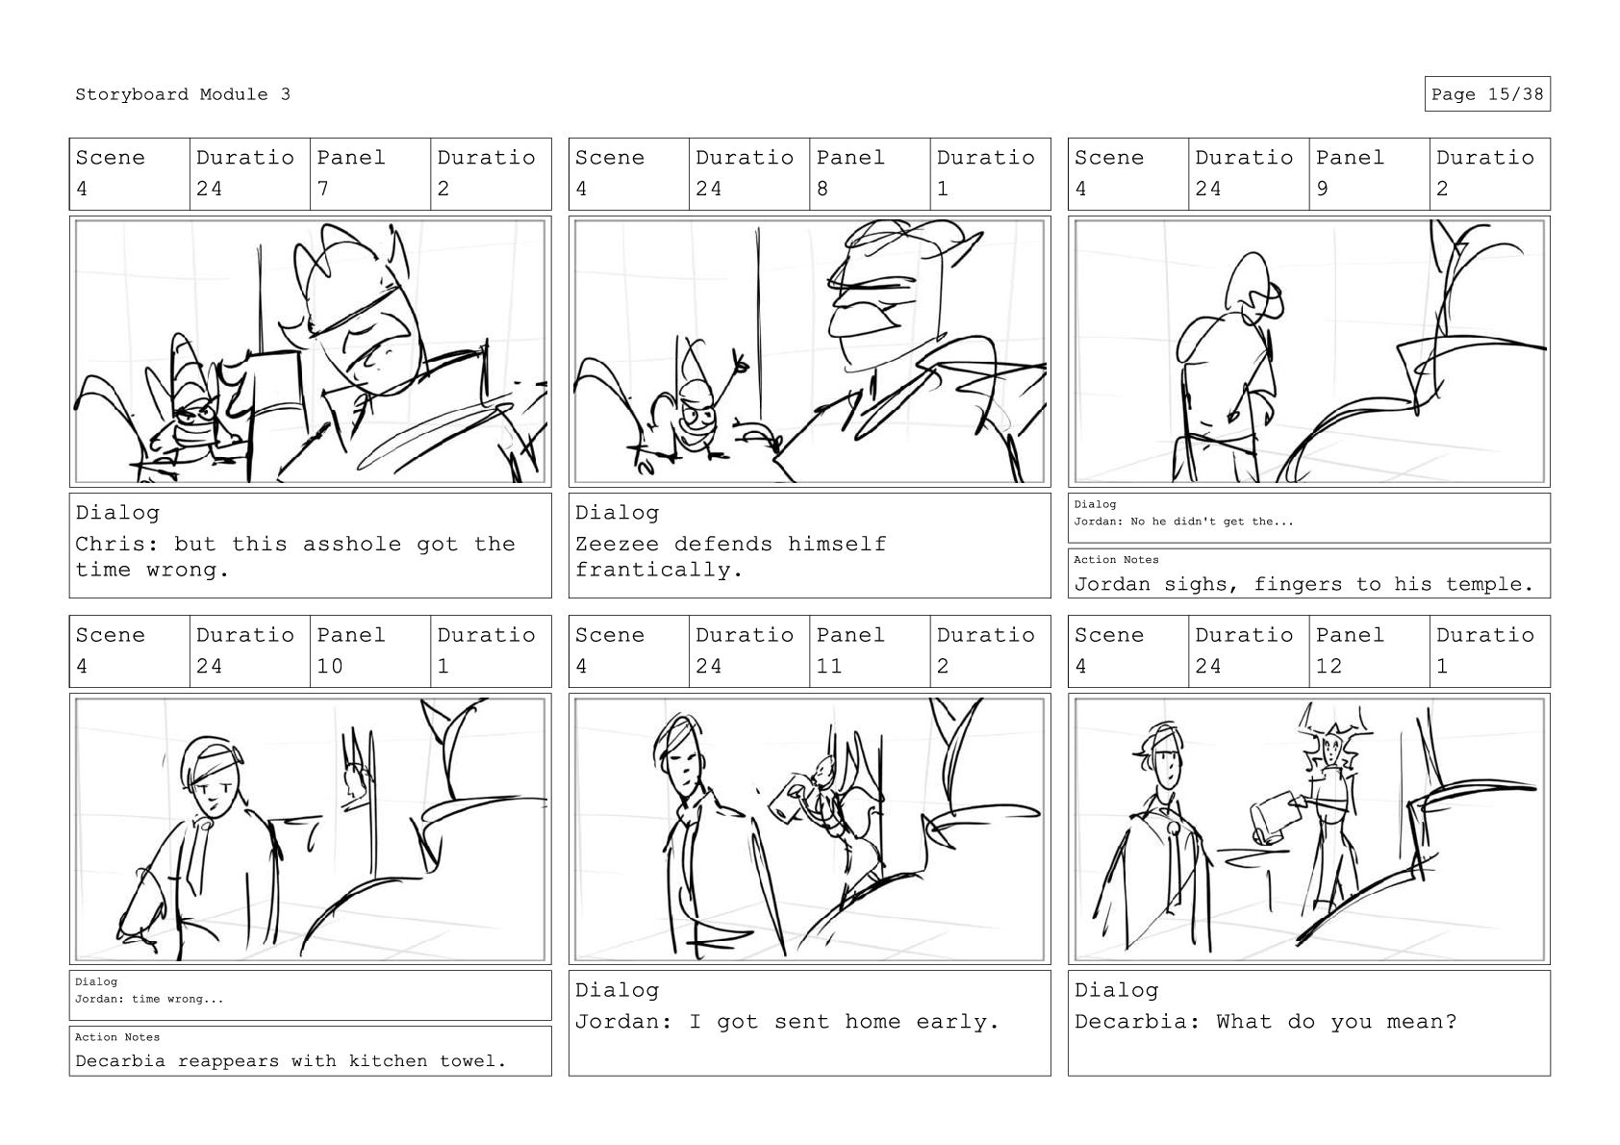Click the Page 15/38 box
click(x=1487, y=94)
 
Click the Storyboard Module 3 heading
click(x=182, y=94)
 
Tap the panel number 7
click(x=322, y=189)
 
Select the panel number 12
click(x=1329, y=666)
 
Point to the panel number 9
click(x=1322, y=189)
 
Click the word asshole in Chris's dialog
click(x=351, y=544)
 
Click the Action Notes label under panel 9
click(x=1116, y=560)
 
